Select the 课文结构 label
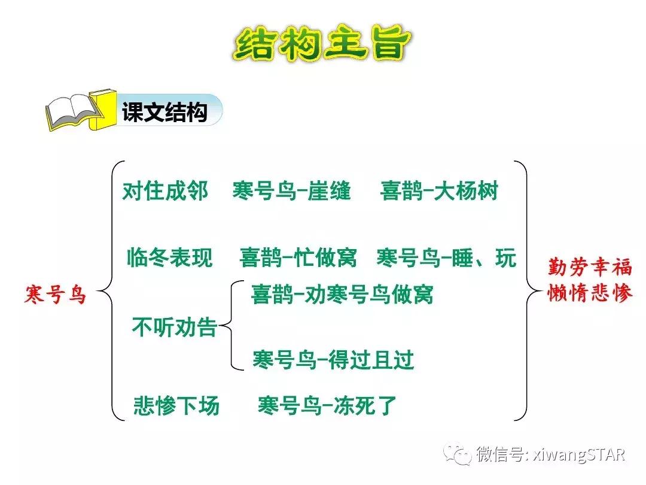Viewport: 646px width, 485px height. point(164,113)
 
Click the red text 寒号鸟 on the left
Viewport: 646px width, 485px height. point(56,295)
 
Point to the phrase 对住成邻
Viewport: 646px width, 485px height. point(165,192)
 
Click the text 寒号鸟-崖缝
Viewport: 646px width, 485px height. point(292,192)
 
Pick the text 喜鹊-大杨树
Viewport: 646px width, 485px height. point(438,192)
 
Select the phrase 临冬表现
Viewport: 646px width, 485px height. point(170,258)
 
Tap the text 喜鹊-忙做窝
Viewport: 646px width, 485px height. point(298,258)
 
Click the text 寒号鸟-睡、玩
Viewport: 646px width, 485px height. point(446,258)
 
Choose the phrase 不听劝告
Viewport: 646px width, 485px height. point(173,328)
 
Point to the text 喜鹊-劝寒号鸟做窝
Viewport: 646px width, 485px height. point(342,295)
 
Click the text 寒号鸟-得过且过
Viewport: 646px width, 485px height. point(333,360)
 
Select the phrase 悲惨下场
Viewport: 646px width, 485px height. point(176,406)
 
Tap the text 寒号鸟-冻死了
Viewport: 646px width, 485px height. point(327,406)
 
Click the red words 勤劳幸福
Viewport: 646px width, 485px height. point(590,266)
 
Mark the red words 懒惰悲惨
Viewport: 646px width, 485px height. point(590,293)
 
